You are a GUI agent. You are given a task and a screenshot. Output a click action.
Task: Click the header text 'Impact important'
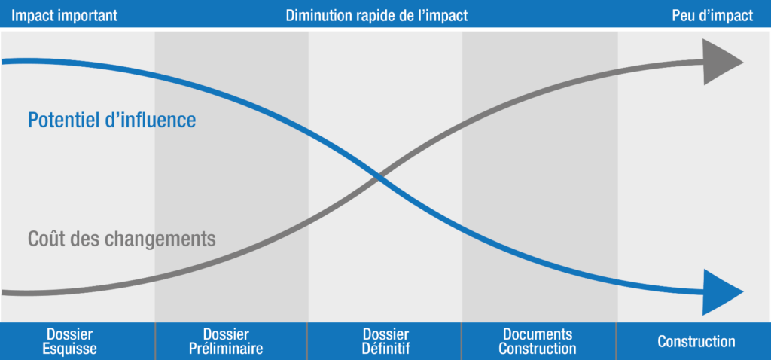click(64, 16)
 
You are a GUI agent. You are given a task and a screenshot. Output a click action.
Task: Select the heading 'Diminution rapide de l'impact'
click(376, 16)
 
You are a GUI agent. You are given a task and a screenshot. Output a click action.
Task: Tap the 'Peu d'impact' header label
click(712, 16)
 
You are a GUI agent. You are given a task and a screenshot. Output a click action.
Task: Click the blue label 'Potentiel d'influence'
click(111, 120)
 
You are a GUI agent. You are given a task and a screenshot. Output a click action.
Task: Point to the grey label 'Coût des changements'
click(122, 239)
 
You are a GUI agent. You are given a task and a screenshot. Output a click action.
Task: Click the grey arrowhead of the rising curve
click(722, 63)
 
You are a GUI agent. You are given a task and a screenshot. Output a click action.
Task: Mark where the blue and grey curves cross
click(378, 179)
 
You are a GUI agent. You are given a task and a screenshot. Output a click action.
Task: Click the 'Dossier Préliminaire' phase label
click(227, 341)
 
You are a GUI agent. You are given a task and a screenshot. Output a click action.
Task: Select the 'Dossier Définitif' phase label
click(385, 341)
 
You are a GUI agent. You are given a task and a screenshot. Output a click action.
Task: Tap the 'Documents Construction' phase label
click(538, 341)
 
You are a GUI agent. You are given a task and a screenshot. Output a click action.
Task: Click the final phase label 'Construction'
click(696, 341)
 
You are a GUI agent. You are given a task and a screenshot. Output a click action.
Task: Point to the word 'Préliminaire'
click(227, 349)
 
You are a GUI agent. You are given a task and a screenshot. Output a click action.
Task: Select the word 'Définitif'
click(385, 349)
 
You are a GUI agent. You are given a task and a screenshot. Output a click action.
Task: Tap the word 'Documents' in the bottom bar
click(538, 334)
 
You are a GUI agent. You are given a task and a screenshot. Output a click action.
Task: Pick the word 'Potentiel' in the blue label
click(63, 120)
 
